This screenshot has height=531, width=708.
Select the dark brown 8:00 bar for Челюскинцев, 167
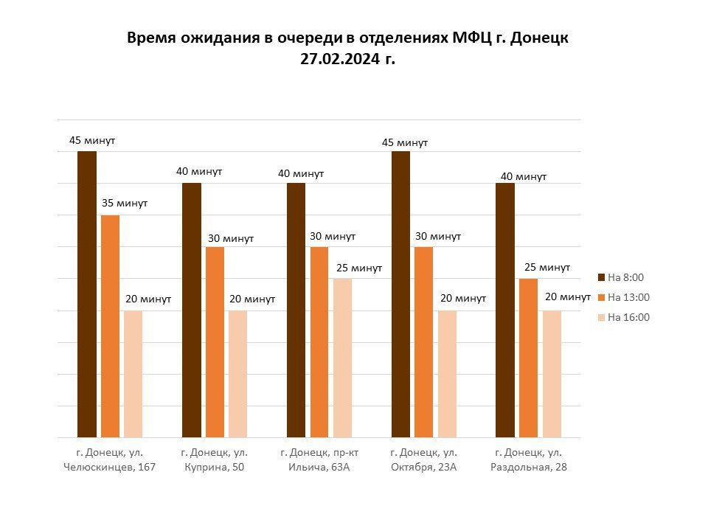(87, 294)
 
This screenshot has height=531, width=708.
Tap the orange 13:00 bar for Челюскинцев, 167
(110, 327)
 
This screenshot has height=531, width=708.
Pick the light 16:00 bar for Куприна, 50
(237, 374)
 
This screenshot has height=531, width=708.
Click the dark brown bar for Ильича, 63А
(296, 310)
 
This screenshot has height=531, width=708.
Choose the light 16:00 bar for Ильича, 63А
(342, 358)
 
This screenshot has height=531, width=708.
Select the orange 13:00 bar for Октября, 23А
(423, 342)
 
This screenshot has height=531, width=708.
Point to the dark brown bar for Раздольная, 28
(504, 310)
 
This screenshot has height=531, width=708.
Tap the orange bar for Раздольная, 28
(528, 358)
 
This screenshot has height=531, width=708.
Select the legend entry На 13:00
(624, 297)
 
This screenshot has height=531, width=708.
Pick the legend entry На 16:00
(624, 317)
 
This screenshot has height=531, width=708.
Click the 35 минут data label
(125, 204)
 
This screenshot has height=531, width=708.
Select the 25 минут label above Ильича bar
(359, 268)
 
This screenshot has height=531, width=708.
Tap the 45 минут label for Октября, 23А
(405, 142)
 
